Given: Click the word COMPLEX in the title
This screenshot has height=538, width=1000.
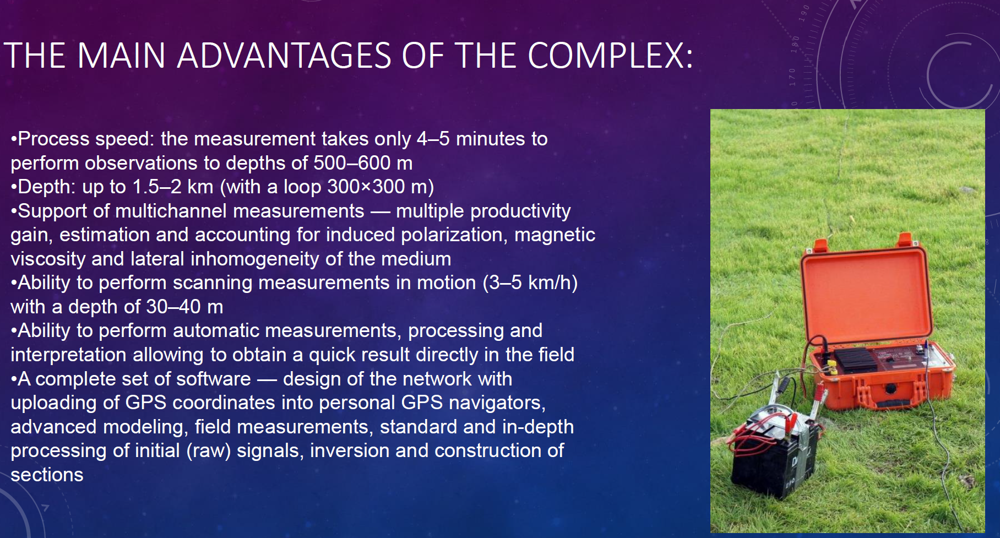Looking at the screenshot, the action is point(610,56).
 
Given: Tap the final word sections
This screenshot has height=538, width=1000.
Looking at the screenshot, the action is point(47,475).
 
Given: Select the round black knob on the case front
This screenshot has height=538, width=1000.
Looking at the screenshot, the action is point(890,389).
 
